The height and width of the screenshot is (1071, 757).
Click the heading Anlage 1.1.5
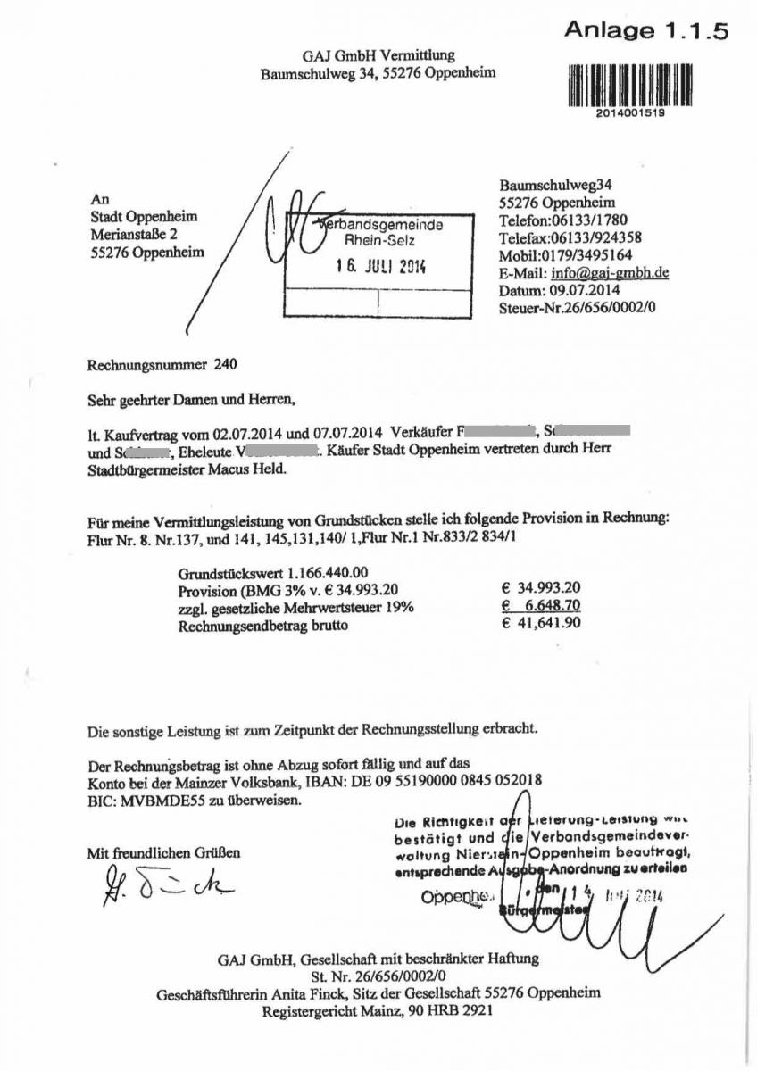coord(646,31)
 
